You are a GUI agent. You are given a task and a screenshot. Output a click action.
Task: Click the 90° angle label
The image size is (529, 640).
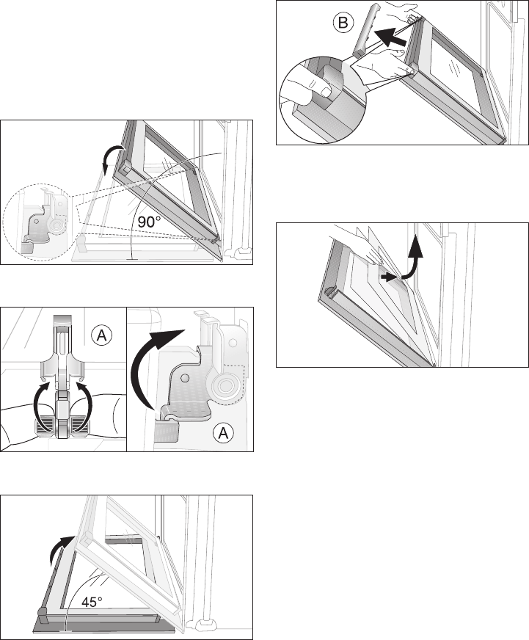149,222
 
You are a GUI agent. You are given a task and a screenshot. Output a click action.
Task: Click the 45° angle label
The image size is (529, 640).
92,602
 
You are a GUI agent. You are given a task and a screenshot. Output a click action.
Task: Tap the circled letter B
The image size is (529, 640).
343,23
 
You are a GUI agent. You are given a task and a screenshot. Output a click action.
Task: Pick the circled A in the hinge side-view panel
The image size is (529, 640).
223,433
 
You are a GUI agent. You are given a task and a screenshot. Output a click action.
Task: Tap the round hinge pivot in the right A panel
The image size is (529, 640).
224,385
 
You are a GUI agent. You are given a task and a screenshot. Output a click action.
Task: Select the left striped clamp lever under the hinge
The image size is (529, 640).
44,426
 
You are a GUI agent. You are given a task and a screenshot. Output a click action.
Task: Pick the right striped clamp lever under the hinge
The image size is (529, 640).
81,426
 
